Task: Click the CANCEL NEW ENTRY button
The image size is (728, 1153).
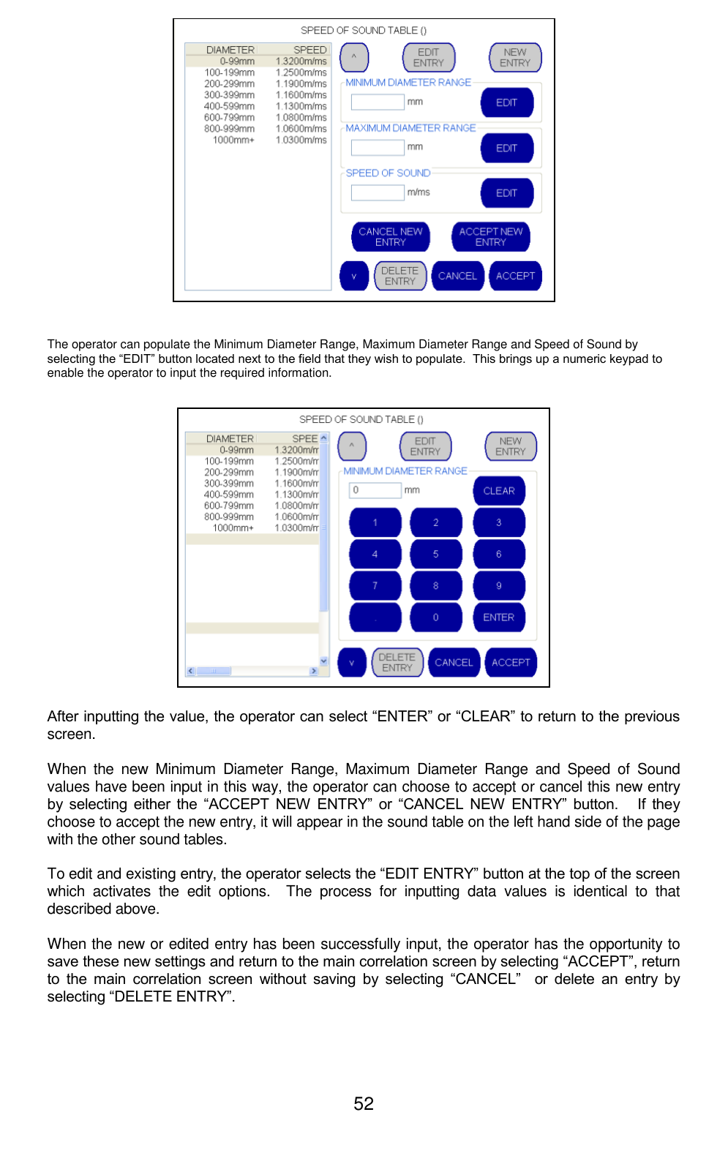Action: pyautogui.click(x=390, y=236)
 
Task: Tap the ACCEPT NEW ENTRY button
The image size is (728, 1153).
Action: pyautogui.click(x=490, y=236)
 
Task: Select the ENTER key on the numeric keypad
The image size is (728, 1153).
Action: pyautogui.click(x=498, y=617)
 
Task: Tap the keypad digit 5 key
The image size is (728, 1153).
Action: pyautogui.click(x=435, y=555)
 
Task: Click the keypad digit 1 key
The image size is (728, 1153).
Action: pyautogui.click(x=375, y=523)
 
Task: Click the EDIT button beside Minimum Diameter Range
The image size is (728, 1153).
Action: pyautogui.click(x=506, y=103)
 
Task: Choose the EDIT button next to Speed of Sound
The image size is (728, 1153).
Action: pyautogui.click(x=506, y=193)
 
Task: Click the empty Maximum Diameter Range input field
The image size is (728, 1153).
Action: pyautogui.click(x=378, y=148)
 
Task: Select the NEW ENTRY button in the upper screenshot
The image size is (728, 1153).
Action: pyautogui.click(x=515, y=58)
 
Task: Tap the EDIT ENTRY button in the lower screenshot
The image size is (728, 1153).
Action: pyautogui.click(x=425, y=446)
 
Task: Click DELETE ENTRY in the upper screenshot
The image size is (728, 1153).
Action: pyautogui.click(x=399, y=276)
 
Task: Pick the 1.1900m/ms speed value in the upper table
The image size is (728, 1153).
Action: pyautogui.click(x=301, y=84)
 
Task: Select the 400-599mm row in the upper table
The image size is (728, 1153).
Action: pyautogui.click(x=230, y=107)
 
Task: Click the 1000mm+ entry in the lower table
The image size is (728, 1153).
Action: pyautogui.click(x=233, y=528)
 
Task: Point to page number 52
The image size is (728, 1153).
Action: pyautogui.click(x=364, y=1103)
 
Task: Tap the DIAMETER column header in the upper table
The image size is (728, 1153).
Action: pyautogui.click(x=230, y=50)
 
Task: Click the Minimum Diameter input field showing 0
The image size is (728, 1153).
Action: pyautogui.click(x=375, y=490)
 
